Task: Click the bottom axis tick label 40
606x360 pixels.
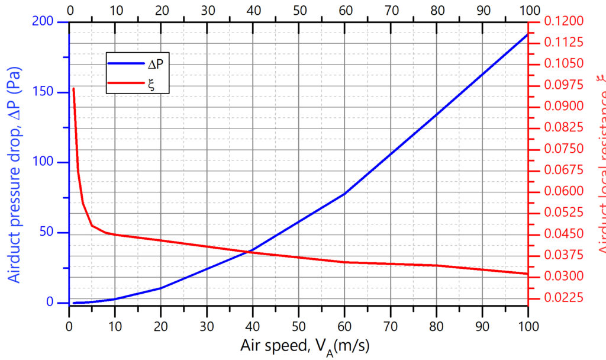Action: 253,325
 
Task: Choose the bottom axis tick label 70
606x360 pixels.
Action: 390,325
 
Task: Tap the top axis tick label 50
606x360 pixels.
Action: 298,9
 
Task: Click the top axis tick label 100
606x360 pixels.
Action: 527,9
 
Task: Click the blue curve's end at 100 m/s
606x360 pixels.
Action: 527,34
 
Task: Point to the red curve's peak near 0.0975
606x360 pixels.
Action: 73,89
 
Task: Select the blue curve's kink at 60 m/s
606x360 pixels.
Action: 344,194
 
